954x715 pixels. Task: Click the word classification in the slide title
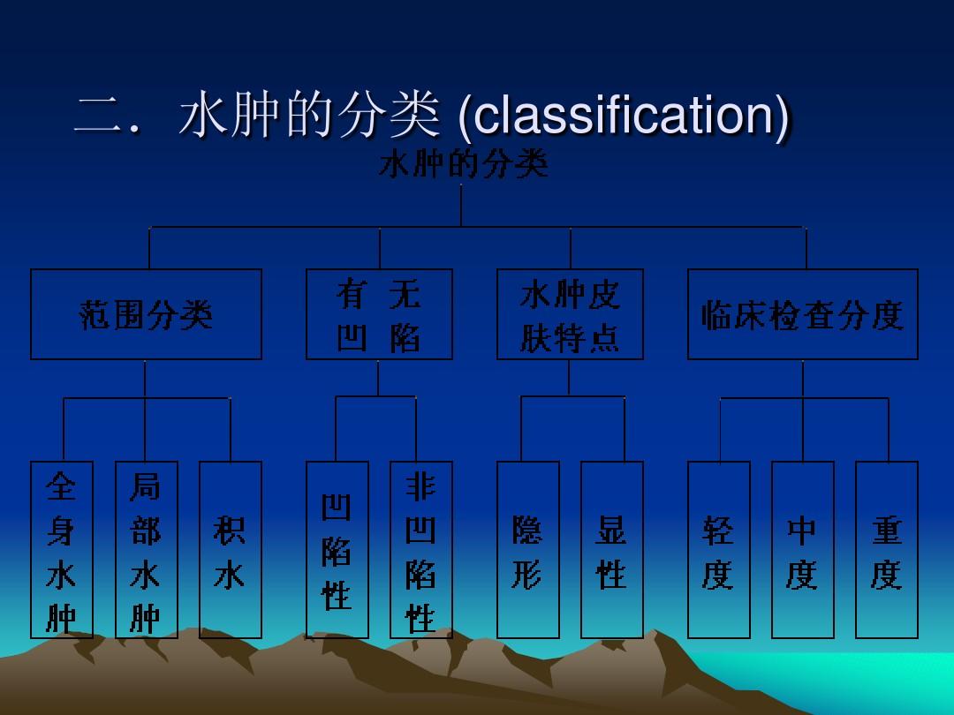pyautogui.click(x=623, y=115)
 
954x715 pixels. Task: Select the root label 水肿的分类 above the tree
pyautogui.click(x=464, y=164)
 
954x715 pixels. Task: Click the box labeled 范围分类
pyautogui.click(x=146, y=314)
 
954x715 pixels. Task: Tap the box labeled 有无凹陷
pyautogui.click(x=379, y=314)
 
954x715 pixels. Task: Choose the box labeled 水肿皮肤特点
pyautogui.click(x=570, y=314)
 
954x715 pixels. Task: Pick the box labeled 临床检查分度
pyautogui.click(x=802, y=314)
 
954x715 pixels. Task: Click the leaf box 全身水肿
pyautogui.click(x=62, y=550)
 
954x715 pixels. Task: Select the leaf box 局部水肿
pyautogui.click(x=146, y=550)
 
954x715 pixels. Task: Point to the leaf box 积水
pyautogui.click(x=231, y=550)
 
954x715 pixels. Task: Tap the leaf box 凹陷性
pyautogui.click(x=337, y=550)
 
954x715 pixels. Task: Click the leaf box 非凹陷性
pyautogui.click(x=421, y=550)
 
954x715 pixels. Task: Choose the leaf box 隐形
pyautogui.click(x=528, y=550)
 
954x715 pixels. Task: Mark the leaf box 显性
pyautogui.click(x=612, y=550)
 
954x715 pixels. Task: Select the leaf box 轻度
pyautogui.click(x=718, y=550)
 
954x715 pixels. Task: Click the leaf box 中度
pyautogui.click(x=802, y=550)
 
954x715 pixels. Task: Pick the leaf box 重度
pyautogui.click(x=887, y=550)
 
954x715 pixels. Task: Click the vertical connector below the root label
pyautogui.click(x=460, y=206)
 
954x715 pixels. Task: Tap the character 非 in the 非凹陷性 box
pyautogui.click(x=420, y=486)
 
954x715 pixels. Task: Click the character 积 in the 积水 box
pyautogui.click(x=229, y=530)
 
